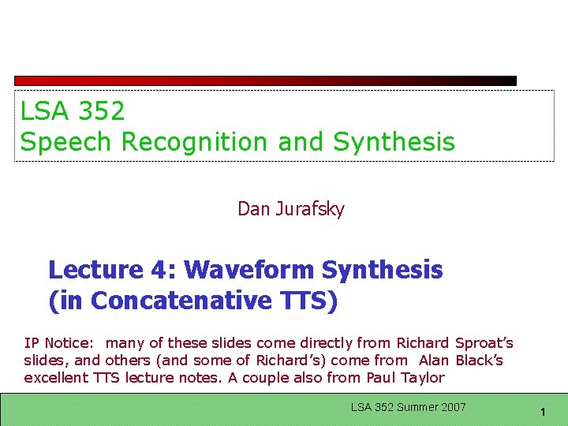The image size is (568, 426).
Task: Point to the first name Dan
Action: (x=253, y=209)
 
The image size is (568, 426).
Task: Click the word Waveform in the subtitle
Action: (x=252, y=270)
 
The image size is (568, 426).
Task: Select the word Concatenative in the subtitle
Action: (x=192, y=301)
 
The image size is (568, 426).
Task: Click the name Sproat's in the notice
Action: (x=484, y=343)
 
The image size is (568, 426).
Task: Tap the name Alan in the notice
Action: (x=434, y=361)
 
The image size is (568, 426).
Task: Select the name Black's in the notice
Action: (x=479, y=361)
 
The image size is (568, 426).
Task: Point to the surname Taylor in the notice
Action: (x=421, y=378)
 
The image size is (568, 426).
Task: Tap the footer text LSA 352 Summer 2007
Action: (x=408, y=407)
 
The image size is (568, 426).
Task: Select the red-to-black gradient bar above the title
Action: (x=265, y=80)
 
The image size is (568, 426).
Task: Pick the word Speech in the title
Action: (x=65, y=142)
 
